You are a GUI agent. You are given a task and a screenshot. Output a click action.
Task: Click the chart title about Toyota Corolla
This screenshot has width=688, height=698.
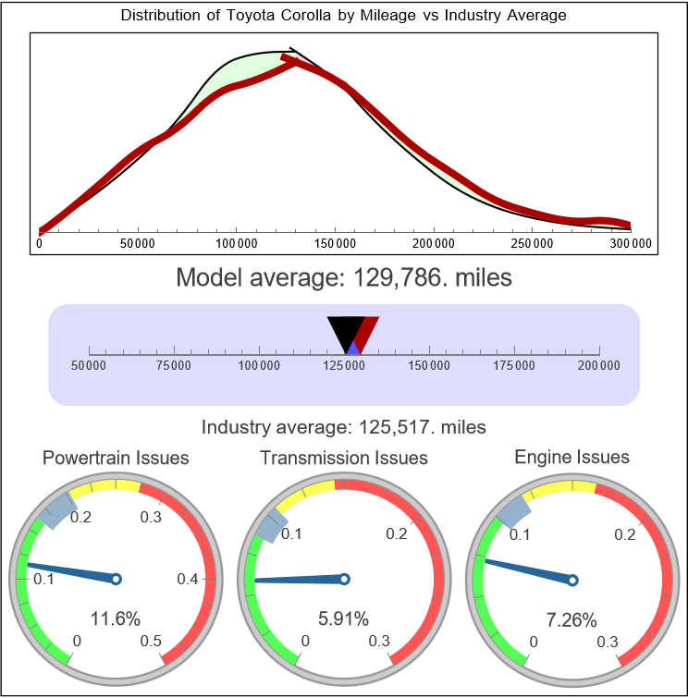344,16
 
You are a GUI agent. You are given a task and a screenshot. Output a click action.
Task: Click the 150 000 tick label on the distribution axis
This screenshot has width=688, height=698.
335,243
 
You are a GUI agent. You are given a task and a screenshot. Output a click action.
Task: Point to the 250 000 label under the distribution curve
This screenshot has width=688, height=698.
532,243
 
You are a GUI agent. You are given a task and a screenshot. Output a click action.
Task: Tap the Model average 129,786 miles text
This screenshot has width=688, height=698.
344,277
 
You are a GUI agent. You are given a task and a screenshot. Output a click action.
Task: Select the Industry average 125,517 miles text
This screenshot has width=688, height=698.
344,427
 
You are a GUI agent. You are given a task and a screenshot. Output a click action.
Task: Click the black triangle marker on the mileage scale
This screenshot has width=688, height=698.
345,332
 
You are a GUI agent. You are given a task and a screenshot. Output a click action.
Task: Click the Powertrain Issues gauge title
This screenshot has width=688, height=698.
116,458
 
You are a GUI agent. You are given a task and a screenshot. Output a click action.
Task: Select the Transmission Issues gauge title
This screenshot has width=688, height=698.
344,458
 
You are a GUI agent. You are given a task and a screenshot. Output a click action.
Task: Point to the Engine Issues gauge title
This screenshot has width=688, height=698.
571,458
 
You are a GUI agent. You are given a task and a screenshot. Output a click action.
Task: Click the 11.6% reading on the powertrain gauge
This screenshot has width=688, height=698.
116,618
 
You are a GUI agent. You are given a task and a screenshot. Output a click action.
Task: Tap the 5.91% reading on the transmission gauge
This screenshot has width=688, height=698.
344,618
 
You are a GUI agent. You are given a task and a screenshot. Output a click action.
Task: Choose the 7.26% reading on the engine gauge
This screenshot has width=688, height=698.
571,618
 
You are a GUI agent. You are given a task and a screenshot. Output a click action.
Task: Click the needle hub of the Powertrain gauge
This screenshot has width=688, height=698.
117,579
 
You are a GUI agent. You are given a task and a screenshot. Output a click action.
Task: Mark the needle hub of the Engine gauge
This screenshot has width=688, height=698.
572,580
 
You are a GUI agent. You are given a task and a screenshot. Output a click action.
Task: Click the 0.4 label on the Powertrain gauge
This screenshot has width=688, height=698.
189,580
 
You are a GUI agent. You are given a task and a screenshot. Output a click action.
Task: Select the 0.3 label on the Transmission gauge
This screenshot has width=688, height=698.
379,642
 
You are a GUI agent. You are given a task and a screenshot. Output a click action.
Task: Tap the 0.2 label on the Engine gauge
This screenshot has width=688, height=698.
624,534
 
